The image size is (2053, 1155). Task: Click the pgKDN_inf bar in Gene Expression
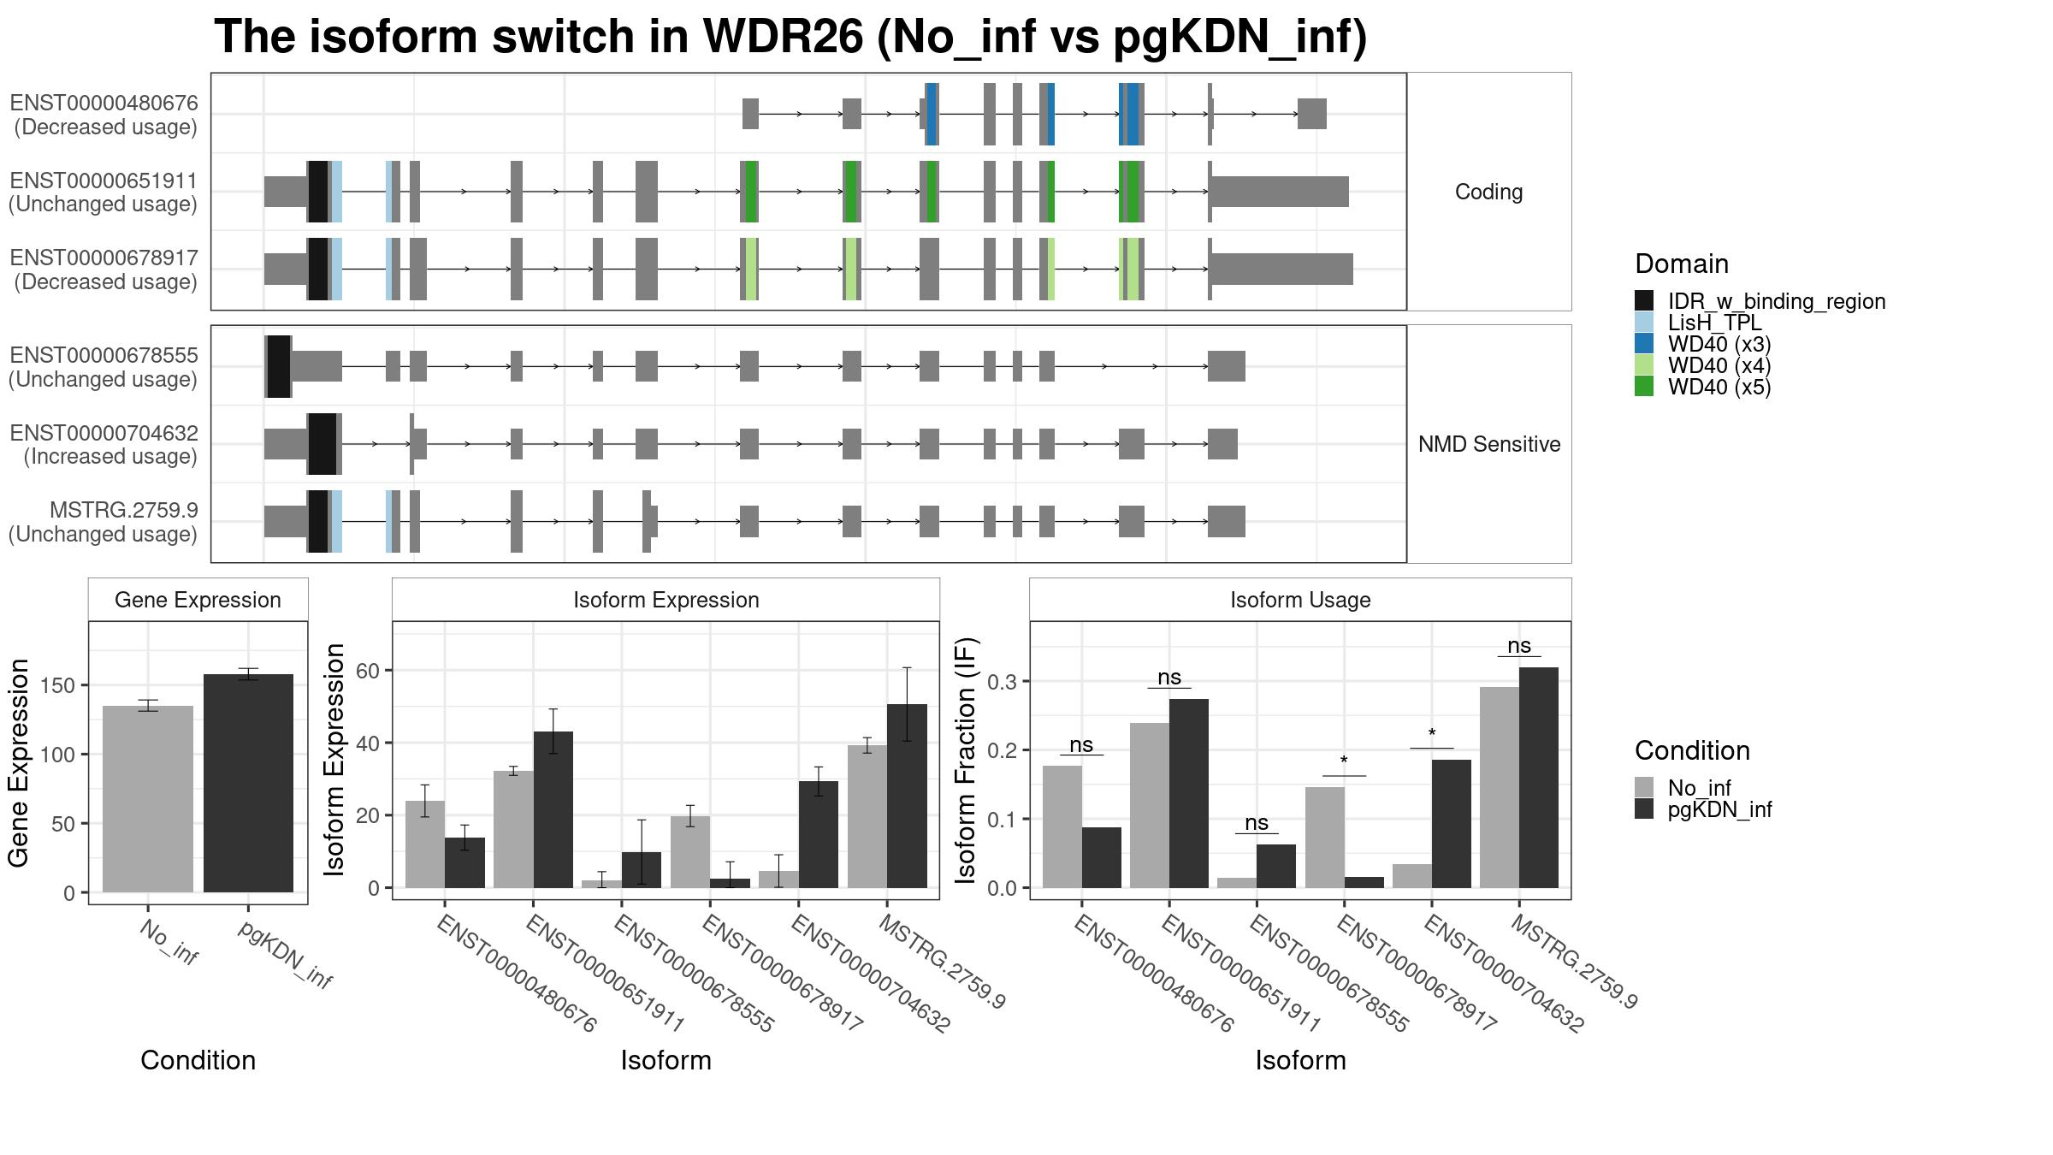248,783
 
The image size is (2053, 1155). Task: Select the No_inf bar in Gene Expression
148,799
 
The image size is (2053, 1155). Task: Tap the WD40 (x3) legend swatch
1644,344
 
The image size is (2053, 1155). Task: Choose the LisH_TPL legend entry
1714,323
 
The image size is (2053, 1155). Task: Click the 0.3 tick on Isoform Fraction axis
1002,682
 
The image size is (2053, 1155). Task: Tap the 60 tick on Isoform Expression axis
368,670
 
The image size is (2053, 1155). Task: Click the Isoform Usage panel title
1300,600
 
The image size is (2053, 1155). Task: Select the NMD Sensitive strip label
1489,444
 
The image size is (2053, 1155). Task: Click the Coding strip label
1489,192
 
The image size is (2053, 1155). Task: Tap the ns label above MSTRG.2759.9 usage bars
1519,646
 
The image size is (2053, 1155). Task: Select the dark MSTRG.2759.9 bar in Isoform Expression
907,796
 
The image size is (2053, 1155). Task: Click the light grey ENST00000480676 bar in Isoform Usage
1062,826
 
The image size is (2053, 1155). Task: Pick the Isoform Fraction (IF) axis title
966,761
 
